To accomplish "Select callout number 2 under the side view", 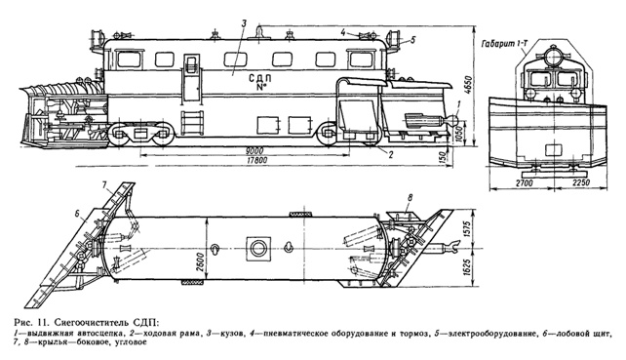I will [x=390, y=154].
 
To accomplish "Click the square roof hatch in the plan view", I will [x=259, y=248].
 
